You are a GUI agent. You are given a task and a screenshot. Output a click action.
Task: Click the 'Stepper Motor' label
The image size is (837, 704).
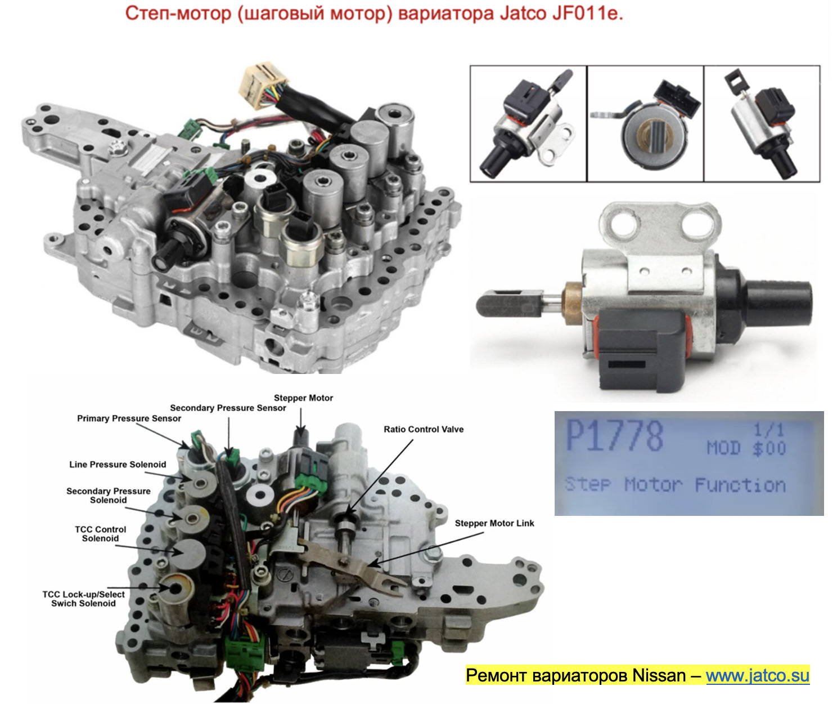point(303,398)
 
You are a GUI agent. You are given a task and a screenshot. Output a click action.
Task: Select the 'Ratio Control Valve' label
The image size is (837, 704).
point(423,429)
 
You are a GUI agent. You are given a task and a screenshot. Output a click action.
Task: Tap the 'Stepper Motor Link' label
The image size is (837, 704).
point(494,523)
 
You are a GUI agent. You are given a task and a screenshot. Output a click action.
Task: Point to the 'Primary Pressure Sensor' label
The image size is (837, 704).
point(129,418)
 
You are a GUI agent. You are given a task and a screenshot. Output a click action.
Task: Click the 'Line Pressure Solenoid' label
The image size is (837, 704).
point(118,465)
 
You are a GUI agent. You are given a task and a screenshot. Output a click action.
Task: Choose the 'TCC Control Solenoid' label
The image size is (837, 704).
point(100,534)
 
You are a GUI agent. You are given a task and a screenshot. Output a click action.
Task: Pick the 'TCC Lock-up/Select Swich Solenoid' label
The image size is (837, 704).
point(83,599)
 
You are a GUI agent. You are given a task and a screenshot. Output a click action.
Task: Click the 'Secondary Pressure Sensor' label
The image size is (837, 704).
point(228,408)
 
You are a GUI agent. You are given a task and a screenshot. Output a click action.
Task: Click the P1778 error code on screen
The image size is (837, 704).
point(614,436)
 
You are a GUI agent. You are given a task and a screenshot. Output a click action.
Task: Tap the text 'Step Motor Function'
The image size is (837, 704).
point(675,485)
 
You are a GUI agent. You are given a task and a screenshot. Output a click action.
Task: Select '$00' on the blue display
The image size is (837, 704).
point(768,449)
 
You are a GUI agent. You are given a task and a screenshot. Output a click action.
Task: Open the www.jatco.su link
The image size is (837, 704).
point(757,675)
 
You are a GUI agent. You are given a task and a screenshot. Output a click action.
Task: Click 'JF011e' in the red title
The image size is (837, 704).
point(587,13)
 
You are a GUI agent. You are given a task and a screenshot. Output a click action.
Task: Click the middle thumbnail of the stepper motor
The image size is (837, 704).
point(645,124)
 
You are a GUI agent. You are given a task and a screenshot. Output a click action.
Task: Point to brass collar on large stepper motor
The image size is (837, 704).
point(573,303)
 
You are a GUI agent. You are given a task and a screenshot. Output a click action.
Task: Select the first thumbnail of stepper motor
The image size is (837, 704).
point(528,124)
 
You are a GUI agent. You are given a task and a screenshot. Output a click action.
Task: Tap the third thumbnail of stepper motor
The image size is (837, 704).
point(762,124)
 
